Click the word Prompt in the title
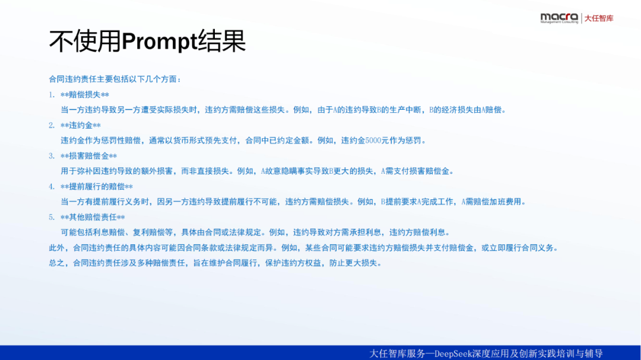coord(160,42)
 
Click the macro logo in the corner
coord(559,18)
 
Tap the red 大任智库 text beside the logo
coord(598,18)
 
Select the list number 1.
coord(51,95)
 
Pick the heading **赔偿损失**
coord(85,95)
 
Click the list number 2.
coord(51,126)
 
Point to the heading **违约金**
coord(81,126)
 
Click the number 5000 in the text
coord(373,141)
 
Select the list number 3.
coord(51,156)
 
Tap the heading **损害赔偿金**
coord(88,156)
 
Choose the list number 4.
coord(51,187)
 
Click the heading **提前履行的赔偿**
coord(97,187)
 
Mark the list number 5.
coord(51,218)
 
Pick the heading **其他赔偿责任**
coord(93,218)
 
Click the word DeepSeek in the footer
coord(452,353)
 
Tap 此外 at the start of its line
coord(57,248)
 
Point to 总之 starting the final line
coord(57,263)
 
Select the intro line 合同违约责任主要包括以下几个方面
coord(113,79)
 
